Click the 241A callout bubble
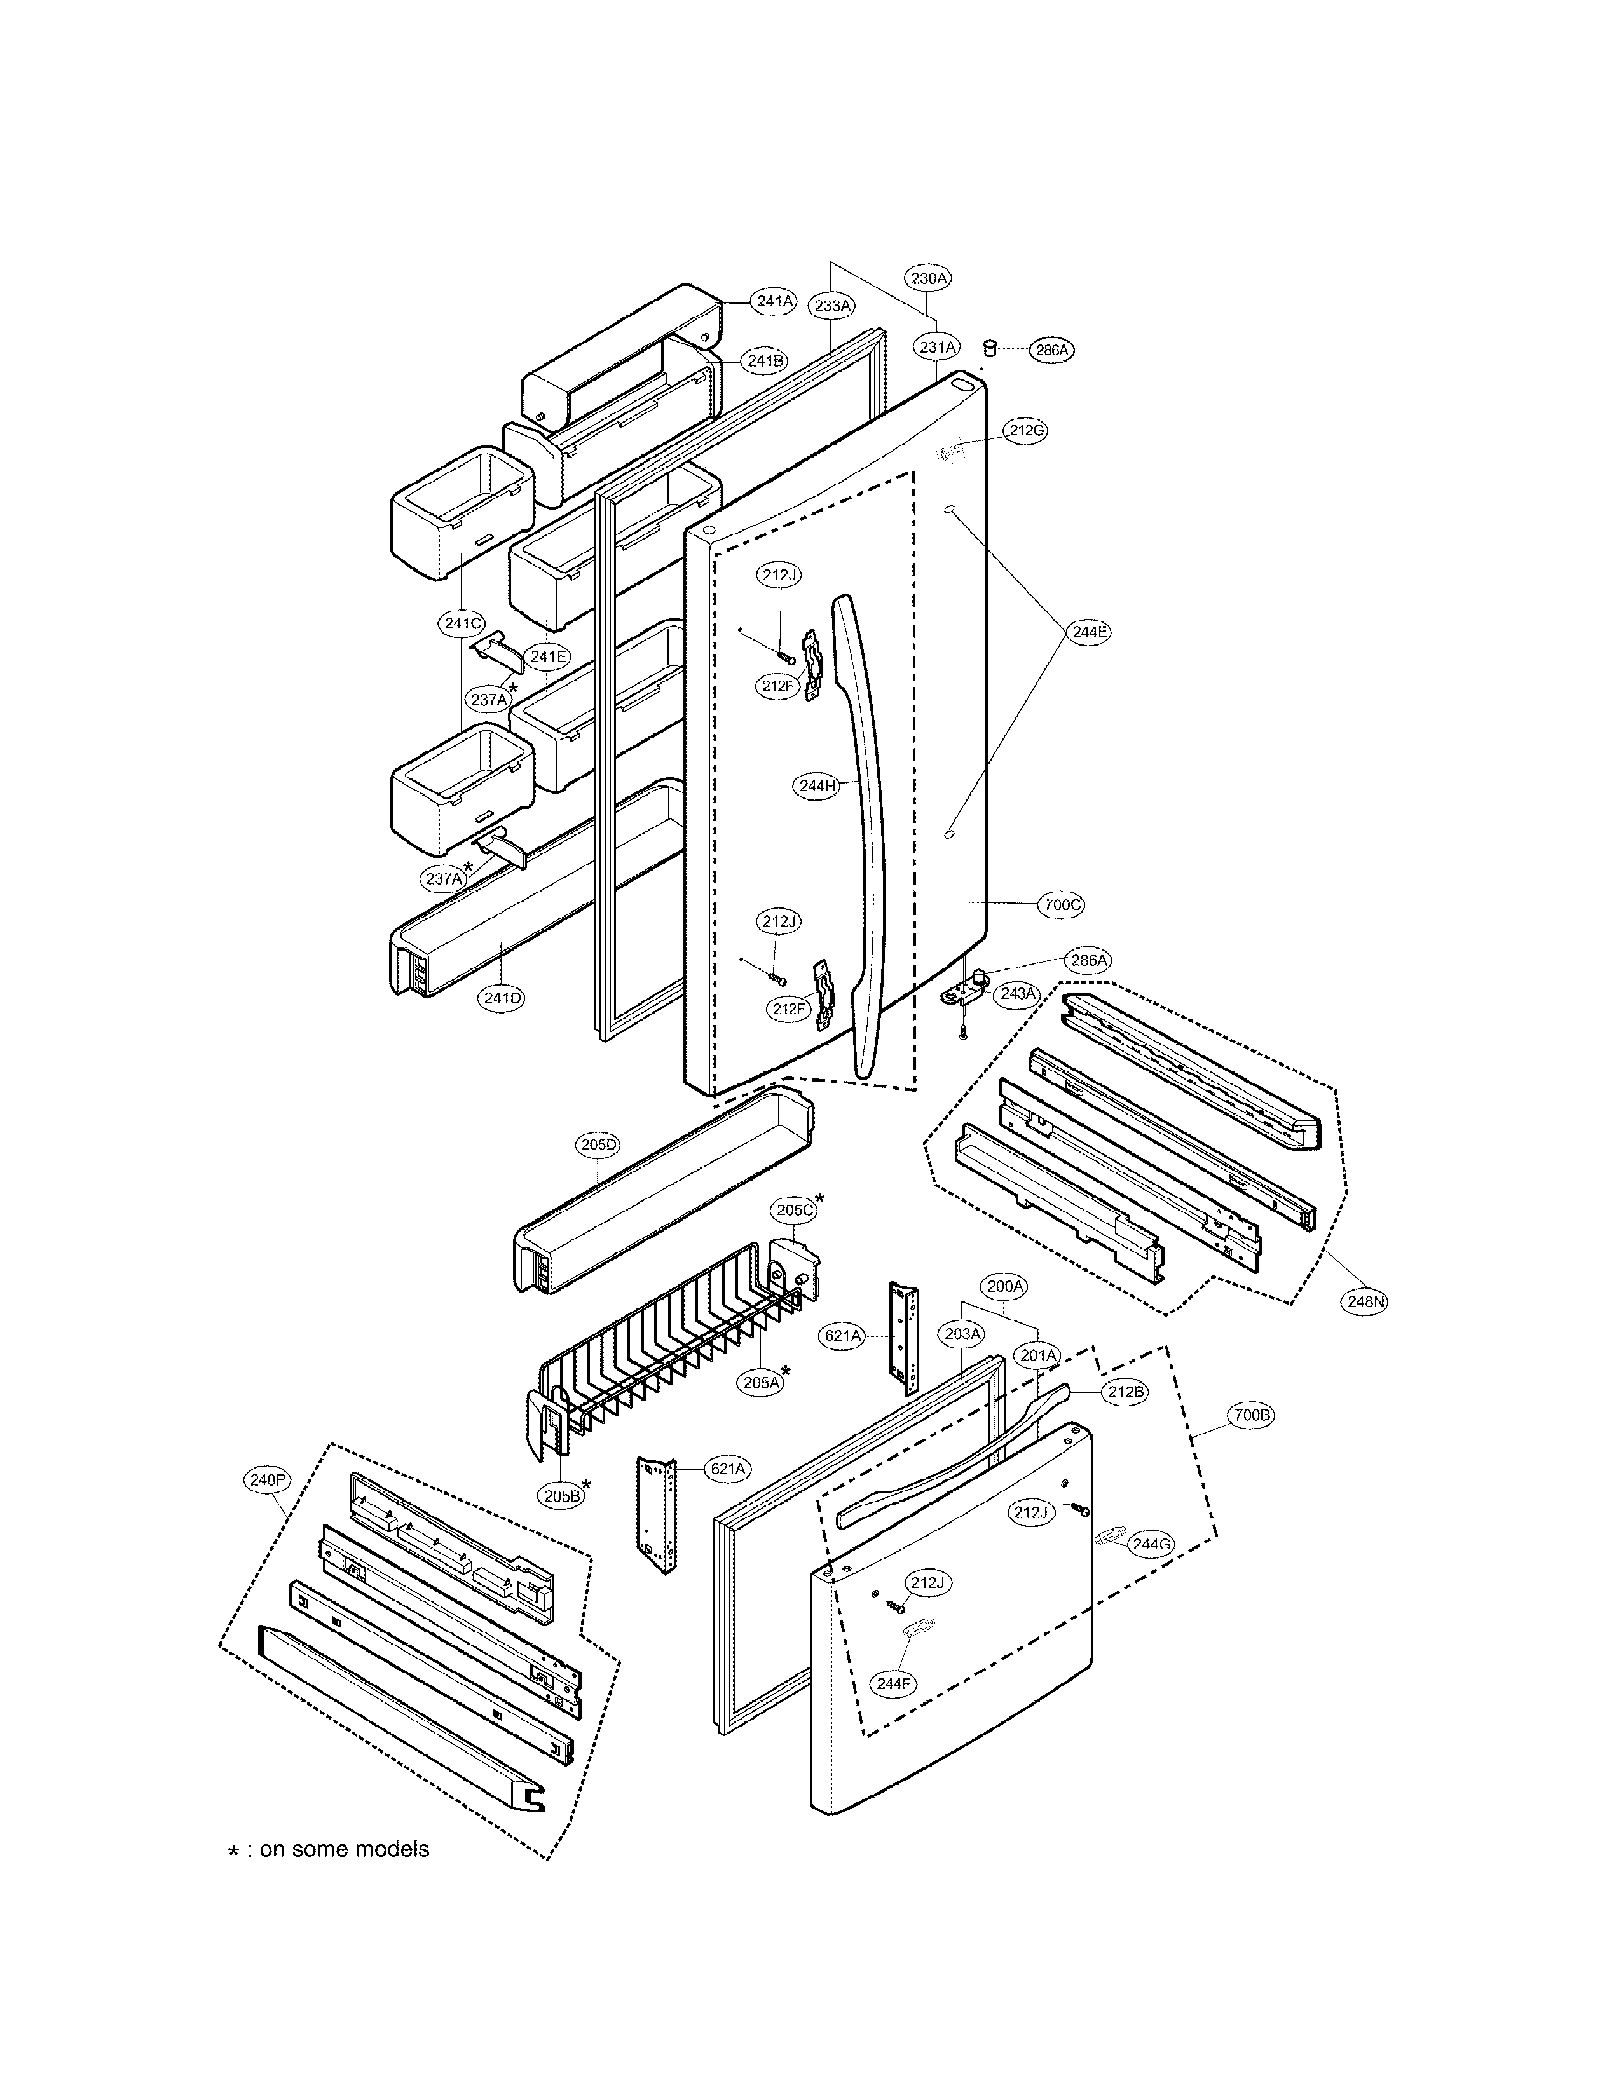[x=774, y=301]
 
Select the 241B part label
[x=765, y=361]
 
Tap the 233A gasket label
[x=833, y=306]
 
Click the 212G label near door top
[x=1025, y=431]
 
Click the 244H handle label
[x=817, y=785]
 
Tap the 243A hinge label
[x=1018, y=994]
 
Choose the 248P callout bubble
[x=266, y=1479]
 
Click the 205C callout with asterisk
[x=795, y=1210]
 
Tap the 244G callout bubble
[x=1151, y=1544]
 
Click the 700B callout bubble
[x=1252, y=1415]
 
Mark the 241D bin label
[x=502, y=998]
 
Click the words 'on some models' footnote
[x=344, y=1849]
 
